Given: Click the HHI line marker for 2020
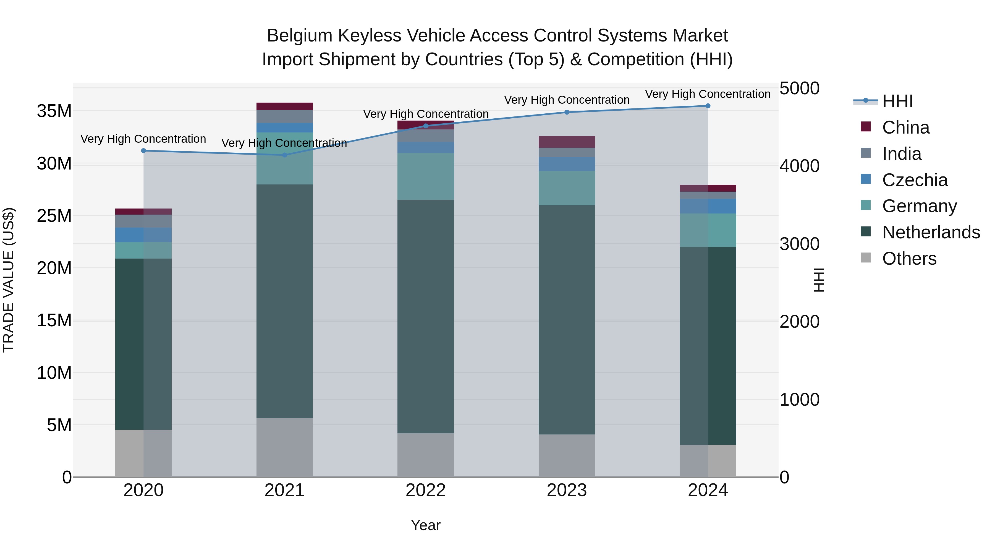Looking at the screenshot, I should pos(143,151).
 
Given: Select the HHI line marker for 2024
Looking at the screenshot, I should pos(708,106).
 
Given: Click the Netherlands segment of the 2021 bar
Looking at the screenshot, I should pos(284,301).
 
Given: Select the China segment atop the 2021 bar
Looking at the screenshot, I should pos(284,106).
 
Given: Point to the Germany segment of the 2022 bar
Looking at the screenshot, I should pos(426,176).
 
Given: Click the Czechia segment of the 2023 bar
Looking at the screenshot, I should pos(567,164).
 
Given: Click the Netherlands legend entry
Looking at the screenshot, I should pos(931,232).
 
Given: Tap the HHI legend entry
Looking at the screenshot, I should pos(897,101).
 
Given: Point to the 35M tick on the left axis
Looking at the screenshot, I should pos(54,111).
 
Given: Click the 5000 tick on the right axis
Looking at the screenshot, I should pos(799,88).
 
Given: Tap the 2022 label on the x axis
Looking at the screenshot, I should pos(426,490).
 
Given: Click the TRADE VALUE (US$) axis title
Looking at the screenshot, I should pos(9,280).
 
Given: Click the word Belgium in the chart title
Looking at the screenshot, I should pos(299,36).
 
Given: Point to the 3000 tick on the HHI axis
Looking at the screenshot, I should pos(799,244).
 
